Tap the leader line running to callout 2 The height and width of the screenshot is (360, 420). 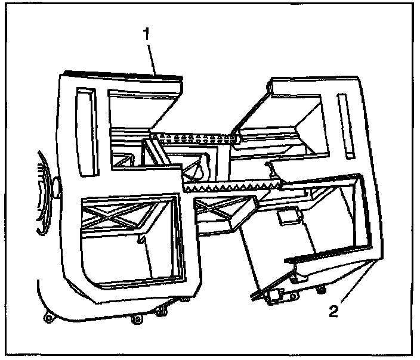pyautogui.click(x=358, y=284)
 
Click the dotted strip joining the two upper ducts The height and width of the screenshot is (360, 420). pyautogui.click(x=194, y=139)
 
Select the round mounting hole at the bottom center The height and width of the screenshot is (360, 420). pyautogui.click(x=137, y=320)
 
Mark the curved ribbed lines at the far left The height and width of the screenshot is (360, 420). pyautogui.click(x=42, y=191)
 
